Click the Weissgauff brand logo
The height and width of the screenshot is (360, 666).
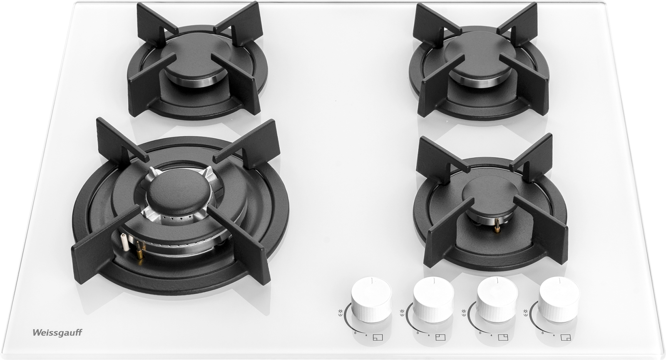pos(57,333)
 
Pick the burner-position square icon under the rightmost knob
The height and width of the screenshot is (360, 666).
pos(565,338)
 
